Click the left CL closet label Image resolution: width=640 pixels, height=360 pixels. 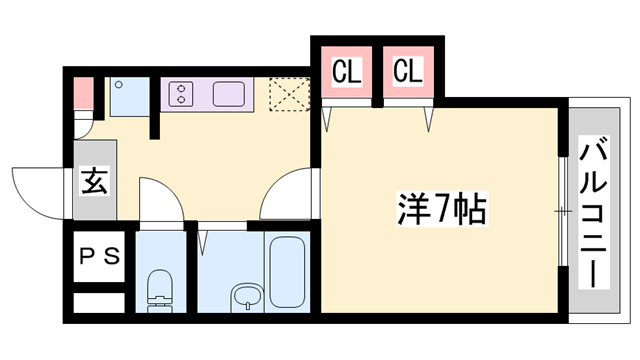[x=346, y=72]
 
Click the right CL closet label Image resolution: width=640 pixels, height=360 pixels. [x=407, y=72]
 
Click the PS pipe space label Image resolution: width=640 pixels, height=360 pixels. [x=99, y=255]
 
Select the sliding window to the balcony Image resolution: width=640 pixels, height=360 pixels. [x=563, y=210]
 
